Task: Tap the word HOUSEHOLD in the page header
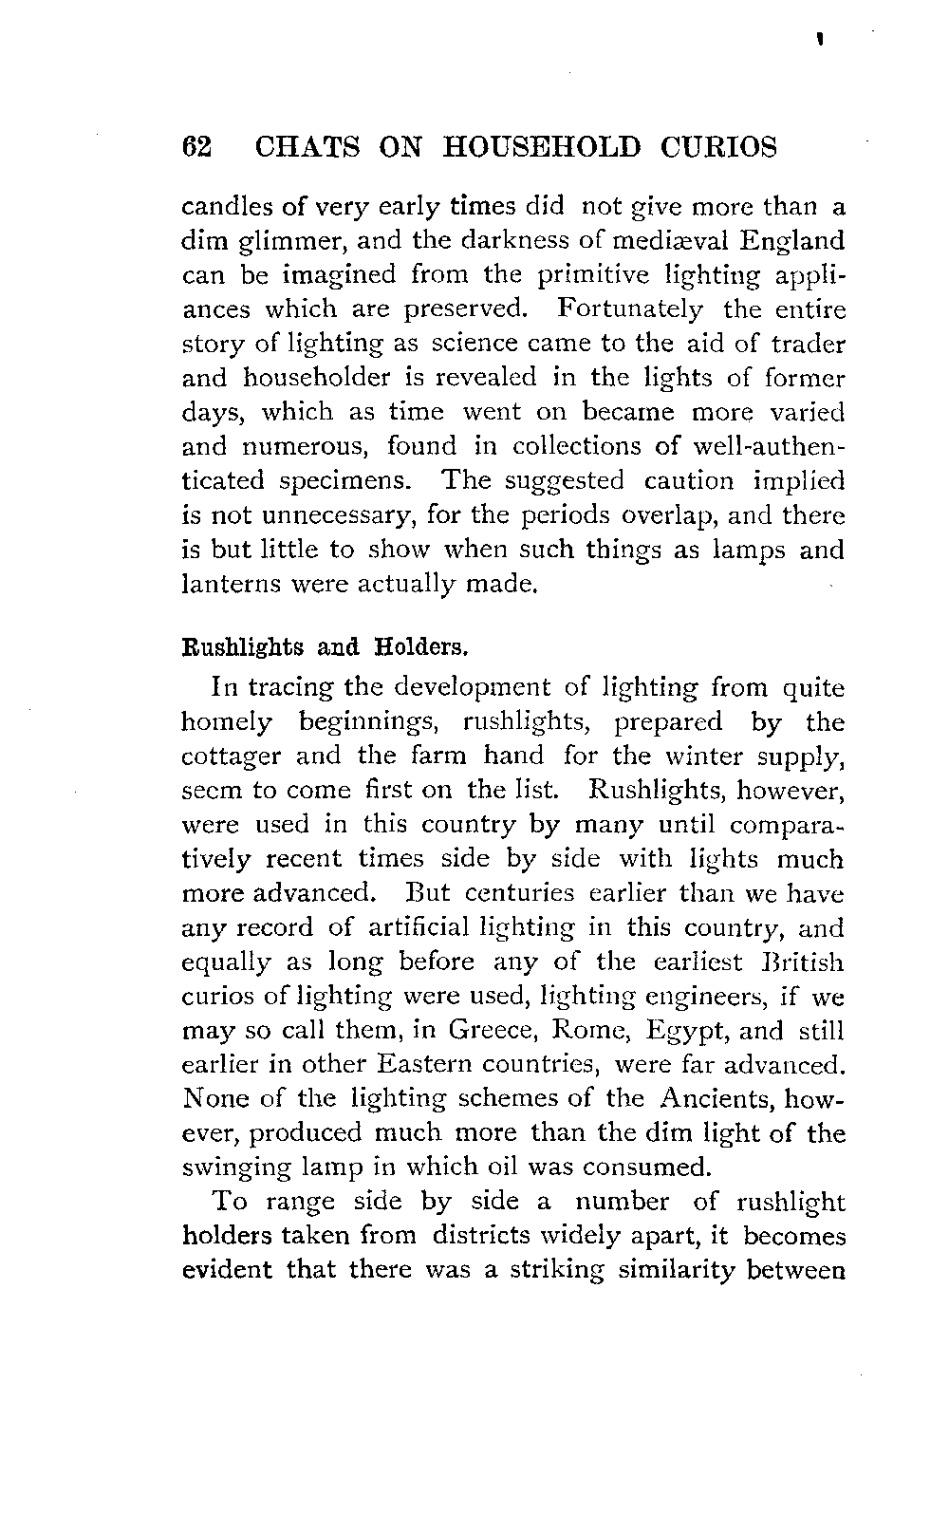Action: click(x=542, y=148)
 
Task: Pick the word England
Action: click(x=794, y=240)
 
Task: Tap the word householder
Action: click(x=320, y=378)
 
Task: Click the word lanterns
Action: click(x=224, y=584)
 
